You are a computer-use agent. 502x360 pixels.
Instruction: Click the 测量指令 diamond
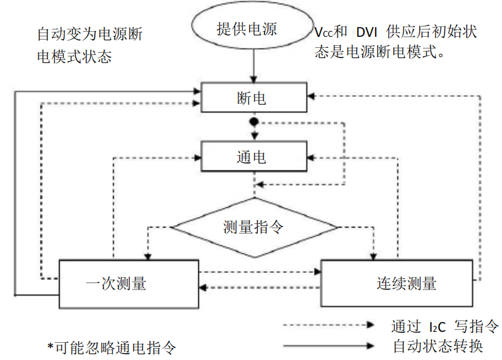[x=253, y=228]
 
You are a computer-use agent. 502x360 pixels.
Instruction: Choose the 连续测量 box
[x=397, y=283]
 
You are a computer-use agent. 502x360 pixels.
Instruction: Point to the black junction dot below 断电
[x=252, y=123]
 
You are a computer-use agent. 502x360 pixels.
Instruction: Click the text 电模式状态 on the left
[x=74, y=57]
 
